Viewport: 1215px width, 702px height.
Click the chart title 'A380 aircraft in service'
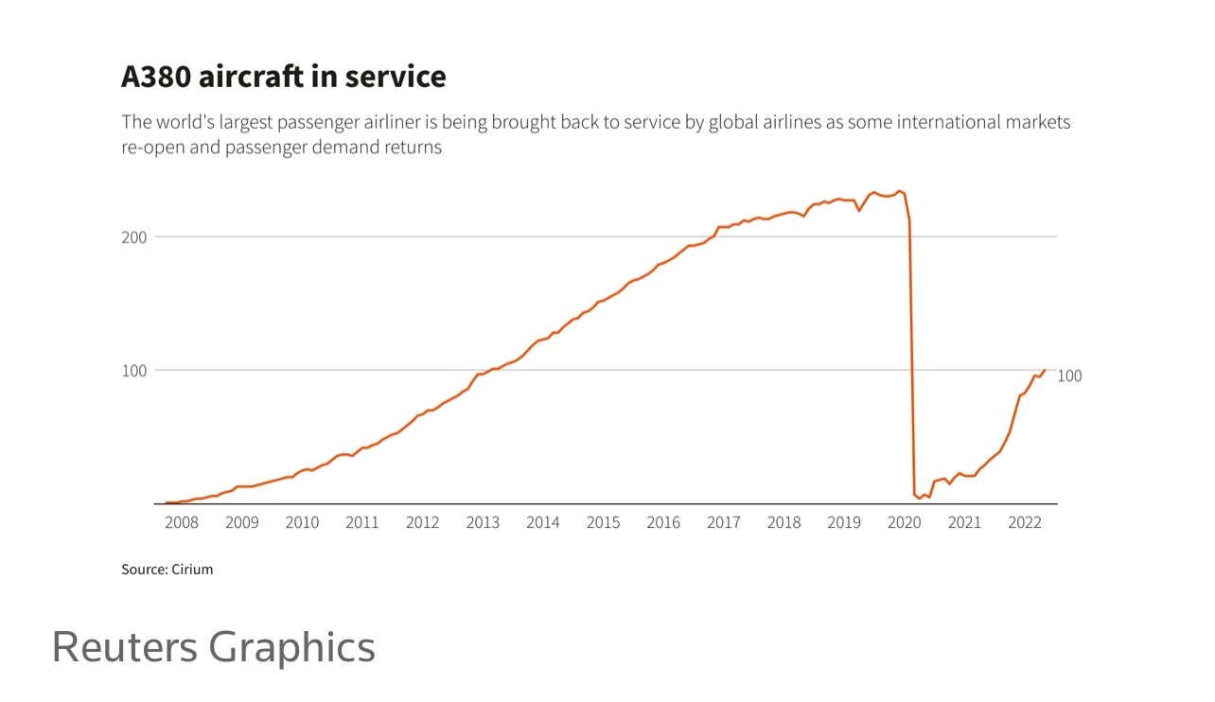tap(283, 77)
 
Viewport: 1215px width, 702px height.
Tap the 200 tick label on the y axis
tap(134, 237)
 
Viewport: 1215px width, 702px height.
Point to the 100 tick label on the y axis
tap(134, 370)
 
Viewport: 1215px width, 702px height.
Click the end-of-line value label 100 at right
tap(1069, 376)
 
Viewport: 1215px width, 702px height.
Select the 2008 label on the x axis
tap(182, 522)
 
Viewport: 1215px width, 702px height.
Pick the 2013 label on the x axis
tap(483, 522)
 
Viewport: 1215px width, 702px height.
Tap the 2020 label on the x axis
tap(904, 522)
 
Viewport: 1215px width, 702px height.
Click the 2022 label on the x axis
tap(1025, 522)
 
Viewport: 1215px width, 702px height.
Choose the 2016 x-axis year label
tap(663, 522)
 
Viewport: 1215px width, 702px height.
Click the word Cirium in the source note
tap(192, 570)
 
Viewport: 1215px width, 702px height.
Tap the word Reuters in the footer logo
tap(125, 647)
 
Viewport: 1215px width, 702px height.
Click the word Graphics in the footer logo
tap(291, 647)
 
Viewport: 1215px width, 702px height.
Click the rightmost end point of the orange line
tap(1045, 370)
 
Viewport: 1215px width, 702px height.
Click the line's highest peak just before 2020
tap(900, 191)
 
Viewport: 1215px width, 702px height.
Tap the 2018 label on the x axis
tap(784, 522)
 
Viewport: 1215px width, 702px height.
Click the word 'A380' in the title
tap(156, 77)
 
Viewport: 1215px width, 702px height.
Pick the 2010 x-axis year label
tap(302, 522)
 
